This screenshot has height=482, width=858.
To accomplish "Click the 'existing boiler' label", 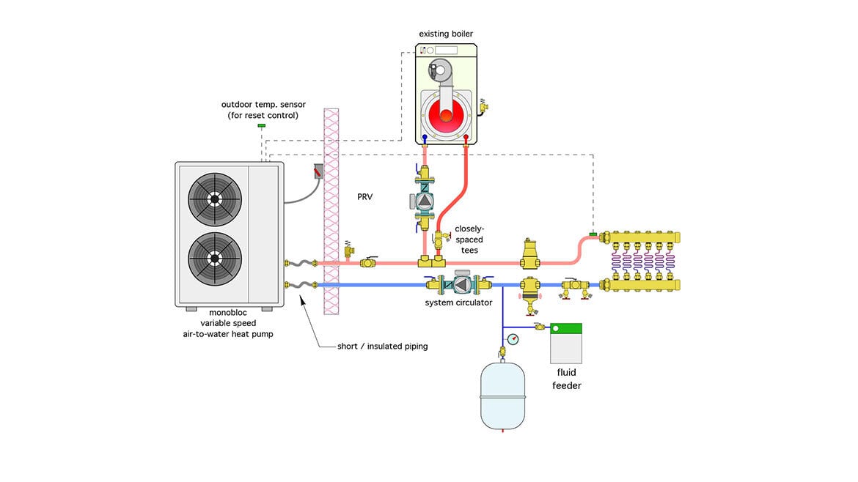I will [447, 33].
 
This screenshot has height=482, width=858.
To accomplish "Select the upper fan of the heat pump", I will [214, 199].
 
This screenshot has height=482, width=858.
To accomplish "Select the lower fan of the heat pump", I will [214, 258].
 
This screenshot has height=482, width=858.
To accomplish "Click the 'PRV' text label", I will [364, 196].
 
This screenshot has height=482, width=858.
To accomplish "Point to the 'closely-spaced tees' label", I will [469, 239].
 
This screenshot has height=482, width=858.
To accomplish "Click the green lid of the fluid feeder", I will [566, 329].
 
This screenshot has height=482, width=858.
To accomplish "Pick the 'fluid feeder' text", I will [567, 379].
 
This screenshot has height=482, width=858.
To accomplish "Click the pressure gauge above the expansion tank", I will [512, 339].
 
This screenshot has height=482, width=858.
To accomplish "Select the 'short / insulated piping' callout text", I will [382, 346].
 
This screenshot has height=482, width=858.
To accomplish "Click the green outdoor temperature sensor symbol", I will [261, 127].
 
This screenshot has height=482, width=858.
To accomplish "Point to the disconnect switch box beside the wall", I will [319, 172].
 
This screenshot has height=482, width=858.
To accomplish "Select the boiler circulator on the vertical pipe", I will [424, 199].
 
